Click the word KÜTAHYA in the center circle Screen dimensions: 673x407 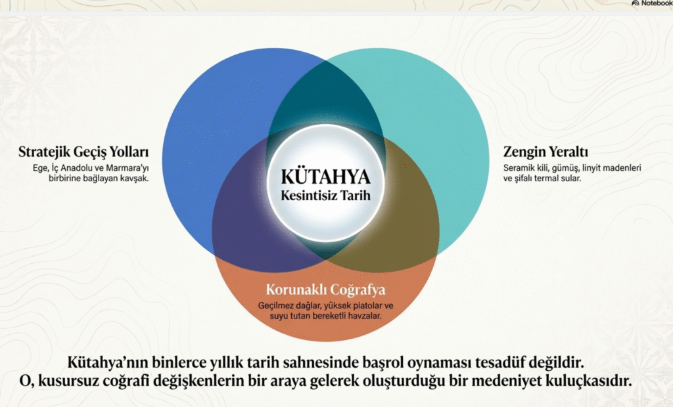point(325,177)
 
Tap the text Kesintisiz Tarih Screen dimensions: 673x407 point(325,196)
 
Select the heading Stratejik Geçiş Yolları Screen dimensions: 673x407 point(83,152)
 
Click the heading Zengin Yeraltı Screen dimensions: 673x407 point(545,152)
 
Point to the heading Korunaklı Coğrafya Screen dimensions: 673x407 point(326,290)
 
